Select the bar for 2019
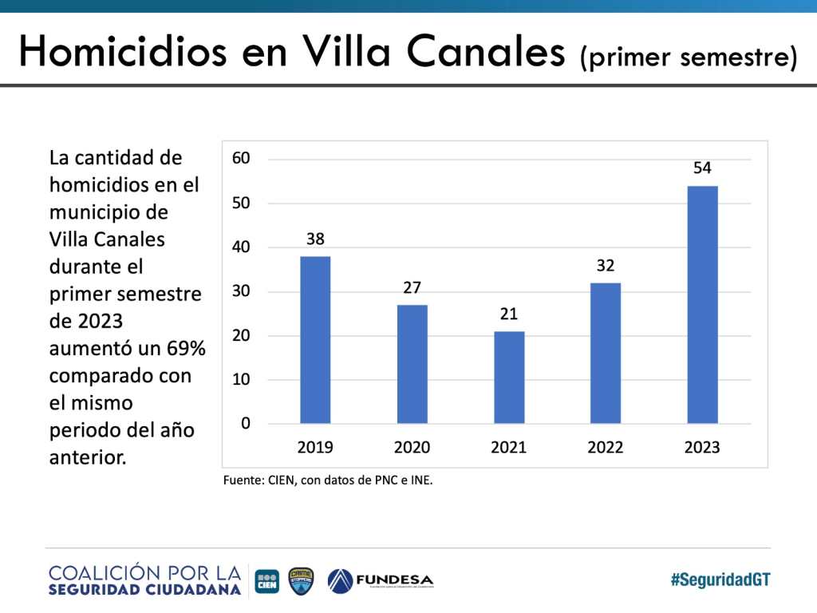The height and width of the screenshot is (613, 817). (315, 339)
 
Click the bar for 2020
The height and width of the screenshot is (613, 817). (412, 364)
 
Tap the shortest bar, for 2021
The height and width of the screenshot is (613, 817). (509, 377)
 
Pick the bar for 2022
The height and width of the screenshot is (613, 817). (606, 353)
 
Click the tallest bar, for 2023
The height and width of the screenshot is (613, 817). (702, 304)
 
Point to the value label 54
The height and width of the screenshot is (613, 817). (702, 168)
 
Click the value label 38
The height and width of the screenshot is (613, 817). (315, 239)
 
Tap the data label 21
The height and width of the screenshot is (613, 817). (509, 314)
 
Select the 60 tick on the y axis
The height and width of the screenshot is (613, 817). (241, 158)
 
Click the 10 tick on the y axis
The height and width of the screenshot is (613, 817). (241, 379)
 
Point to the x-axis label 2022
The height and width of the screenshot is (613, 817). (606, 447)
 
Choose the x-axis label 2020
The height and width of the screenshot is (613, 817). (412, 447)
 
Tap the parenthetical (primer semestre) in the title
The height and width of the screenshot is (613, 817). (688, 57)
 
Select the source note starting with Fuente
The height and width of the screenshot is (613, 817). (328, 481)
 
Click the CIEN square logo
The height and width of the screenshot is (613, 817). (266, 580)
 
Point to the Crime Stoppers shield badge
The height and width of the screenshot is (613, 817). (301, 580)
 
